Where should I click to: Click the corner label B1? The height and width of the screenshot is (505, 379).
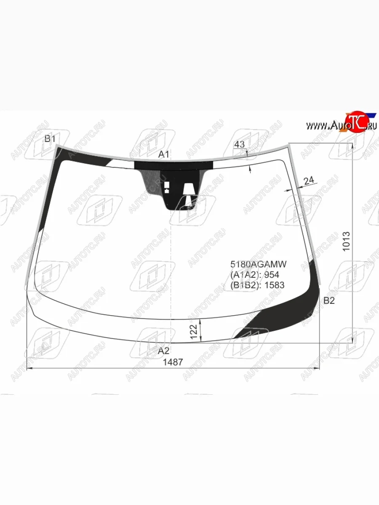50,139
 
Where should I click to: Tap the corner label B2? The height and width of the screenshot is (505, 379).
329,300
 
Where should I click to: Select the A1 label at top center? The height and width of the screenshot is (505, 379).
164,154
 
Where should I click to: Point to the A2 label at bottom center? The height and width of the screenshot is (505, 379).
164,351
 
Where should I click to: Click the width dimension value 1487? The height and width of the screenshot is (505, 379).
173,362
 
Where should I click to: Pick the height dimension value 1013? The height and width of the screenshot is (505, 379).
346,241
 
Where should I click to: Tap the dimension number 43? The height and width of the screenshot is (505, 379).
239,144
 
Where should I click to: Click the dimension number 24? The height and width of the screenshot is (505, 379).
309,181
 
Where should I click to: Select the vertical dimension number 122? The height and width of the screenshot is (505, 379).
194,332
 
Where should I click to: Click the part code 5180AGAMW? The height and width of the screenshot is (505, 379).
259,264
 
